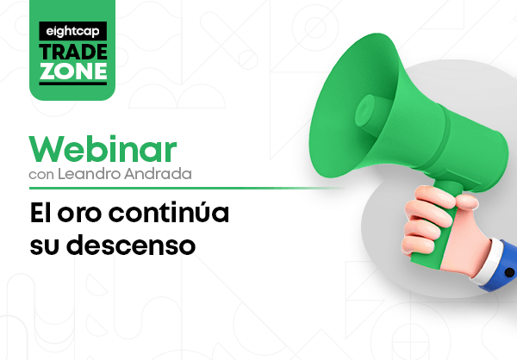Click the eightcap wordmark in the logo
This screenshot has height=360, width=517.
[72, 32]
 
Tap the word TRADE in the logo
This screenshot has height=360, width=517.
[73, 52]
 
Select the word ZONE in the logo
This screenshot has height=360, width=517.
[73, 71]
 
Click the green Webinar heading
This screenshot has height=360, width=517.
[103, 149]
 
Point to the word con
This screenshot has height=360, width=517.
[41, 175]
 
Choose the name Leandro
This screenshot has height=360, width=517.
[90, 174]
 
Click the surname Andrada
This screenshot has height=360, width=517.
[158, 174]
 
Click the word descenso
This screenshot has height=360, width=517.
[131, 245]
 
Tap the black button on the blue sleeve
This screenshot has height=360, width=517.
[509, 272]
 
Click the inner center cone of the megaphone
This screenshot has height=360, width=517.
[365, 110]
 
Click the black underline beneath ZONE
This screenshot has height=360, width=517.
[73, 84]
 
